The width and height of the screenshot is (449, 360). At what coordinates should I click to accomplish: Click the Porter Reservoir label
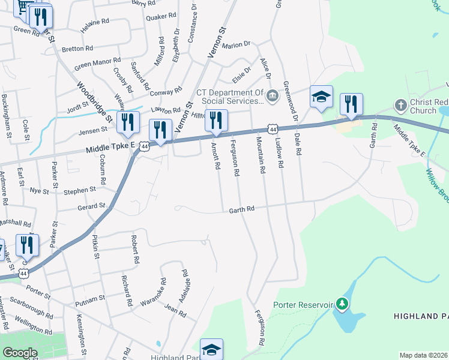point(303,304)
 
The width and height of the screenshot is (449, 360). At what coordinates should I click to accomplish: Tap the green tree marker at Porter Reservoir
point(342,304)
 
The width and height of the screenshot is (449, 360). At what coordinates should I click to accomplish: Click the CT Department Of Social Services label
point(230,97)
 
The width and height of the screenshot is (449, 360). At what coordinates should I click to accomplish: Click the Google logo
point(20,353)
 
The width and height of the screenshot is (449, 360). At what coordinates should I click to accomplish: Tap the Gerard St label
point(91,206)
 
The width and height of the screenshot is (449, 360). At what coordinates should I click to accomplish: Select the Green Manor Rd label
point(97,62)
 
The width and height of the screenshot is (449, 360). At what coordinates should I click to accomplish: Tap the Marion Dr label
point(235,45)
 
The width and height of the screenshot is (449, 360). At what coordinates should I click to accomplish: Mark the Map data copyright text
point(423,355)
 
